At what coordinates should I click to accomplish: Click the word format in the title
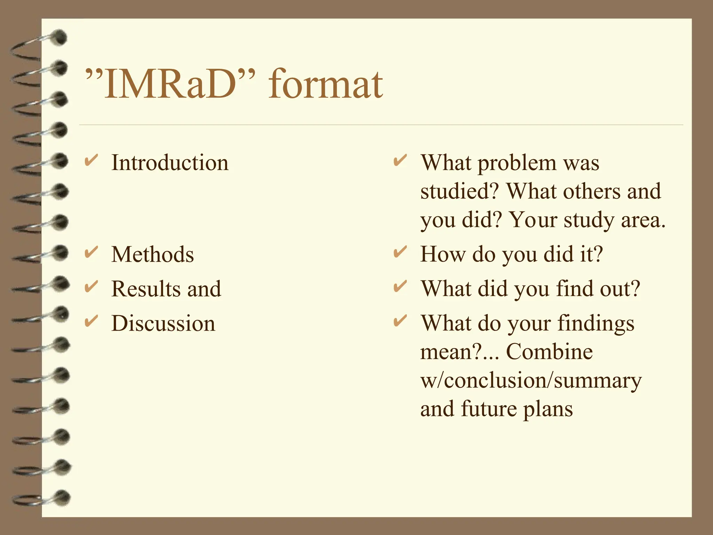pyautogui.click(x=326, y=84)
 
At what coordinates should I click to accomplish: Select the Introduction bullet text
pyautogui.click(x=170, y=163)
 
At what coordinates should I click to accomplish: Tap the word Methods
pyautogui.click(x=152, y=254)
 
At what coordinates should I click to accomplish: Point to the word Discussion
pyautogui.click(x=163, y=323)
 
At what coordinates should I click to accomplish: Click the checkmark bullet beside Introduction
pyautogui.click(x=91, y=161)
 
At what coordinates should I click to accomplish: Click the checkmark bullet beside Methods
pyautogui.click(x=91, y=252)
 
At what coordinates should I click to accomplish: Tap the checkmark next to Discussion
pyautogui.click(x=91, y=321)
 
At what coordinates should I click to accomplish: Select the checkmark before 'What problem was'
pyautogui.click(x=400, y=161)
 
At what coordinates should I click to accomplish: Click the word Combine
pyautogui.click(x=549, y=351)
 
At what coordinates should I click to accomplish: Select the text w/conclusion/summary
pyautogui.click(x=531, y=380)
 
